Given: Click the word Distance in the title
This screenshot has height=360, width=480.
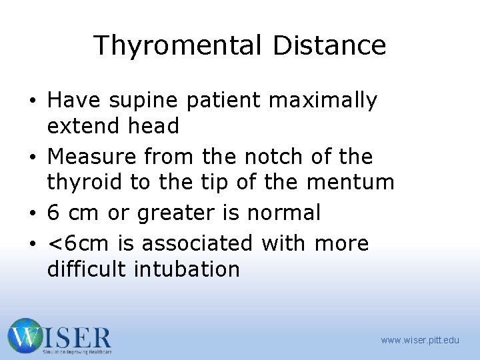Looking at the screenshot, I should tap(329, 46).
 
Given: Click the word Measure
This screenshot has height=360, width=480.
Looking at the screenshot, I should tap(92, 157).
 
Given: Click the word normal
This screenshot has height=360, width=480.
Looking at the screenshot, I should tap(284, 213).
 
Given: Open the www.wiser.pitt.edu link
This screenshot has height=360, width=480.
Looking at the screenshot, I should tap(420, 340).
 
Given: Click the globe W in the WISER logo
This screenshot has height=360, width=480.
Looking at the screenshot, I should tap(26, 336).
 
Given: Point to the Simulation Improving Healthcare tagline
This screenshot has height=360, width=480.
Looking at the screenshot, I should tap(77, 351).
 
